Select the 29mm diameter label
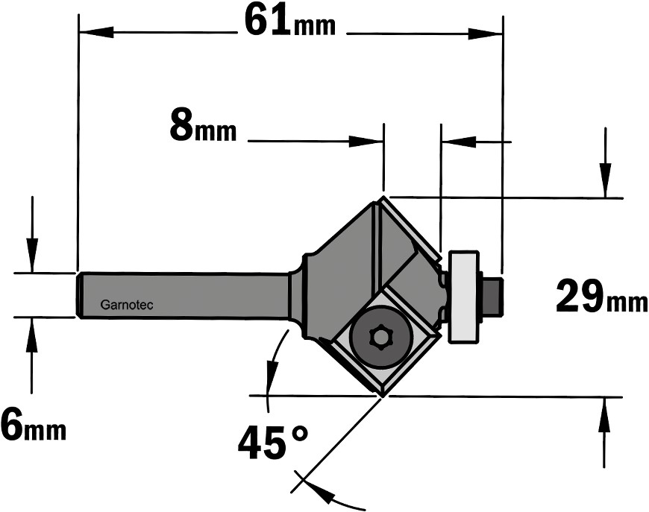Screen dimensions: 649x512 point(602,297)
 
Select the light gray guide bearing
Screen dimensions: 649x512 point(463,297)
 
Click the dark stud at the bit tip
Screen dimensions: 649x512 point(493,296)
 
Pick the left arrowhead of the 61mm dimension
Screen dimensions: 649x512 point(96,32)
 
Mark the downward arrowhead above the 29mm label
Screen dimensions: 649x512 point(606,181)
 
